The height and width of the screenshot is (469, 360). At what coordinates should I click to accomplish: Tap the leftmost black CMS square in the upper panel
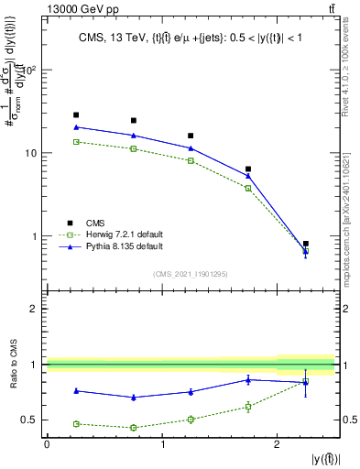click(x=76, y=115)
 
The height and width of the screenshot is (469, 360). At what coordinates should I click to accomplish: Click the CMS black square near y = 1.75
click(x=248, y=169)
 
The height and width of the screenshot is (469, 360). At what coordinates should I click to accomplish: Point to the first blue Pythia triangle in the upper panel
click(x=76, y=127)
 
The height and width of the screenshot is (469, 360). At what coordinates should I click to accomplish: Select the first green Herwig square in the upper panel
click(x=76, y=142)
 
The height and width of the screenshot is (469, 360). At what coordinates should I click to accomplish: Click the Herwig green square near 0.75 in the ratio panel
click(x=134, y=427)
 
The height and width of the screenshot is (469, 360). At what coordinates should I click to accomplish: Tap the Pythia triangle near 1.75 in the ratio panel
click(x=248, y=379)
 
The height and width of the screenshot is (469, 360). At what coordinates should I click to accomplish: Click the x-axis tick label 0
click(x=47, y=444)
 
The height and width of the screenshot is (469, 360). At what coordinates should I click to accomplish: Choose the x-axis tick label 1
click(x=162, y=444)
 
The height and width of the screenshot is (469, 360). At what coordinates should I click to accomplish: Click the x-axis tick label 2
click(x=277, y=444)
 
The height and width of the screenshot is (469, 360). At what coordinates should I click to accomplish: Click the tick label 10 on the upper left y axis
click(x=31, y=153)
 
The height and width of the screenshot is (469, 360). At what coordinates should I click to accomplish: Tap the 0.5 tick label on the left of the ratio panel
click(x=31, y=420)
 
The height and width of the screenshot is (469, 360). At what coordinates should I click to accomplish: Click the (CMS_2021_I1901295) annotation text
click(x=191, y=274)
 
